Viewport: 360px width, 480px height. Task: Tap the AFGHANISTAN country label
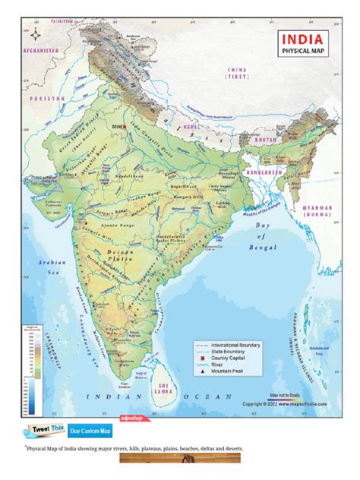(x=40, y=50)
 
